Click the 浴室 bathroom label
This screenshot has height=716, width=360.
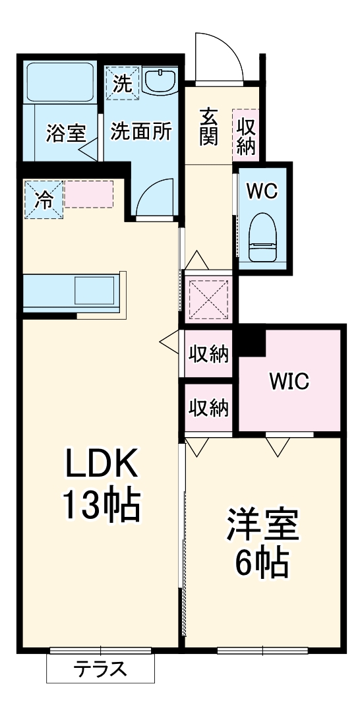(65, 133)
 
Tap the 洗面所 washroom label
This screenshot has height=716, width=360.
(140, 131)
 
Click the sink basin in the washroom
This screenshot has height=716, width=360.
(159, 82)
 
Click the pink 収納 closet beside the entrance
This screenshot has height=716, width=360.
(245, 135)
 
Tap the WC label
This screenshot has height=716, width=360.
(262, 191)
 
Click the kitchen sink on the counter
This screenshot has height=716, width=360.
(94, 290)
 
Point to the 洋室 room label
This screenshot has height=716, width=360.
(263, 525)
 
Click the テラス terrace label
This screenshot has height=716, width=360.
(100, 670)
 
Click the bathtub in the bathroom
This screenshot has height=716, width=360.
(60, 83)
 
